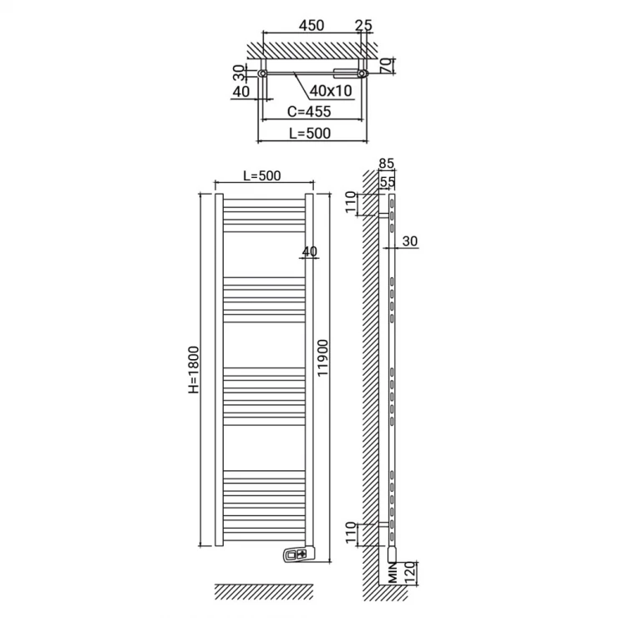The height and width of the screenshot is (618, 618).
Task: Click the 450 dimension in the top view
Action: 312,25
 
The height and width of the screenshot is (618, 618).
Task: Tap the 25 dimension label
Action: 363,25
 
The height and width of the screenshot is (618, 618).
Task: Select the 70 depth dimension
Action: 388,65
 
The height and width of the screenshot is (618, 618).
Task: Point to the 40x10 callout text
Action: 331,91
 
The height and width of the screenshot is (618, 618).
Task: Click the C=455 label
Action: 309,112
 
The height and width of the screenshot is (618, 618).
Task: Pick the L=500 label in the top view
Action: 310,134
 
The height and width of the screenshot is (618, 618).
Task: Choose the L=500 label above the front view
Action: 262,175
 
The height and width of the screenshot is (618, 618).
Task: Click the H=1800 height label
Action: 194,370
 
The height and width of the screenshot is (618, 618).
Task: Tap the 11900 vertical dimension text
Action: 322,358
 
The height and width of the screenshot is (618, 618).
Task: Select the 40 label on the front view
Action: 310,251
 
